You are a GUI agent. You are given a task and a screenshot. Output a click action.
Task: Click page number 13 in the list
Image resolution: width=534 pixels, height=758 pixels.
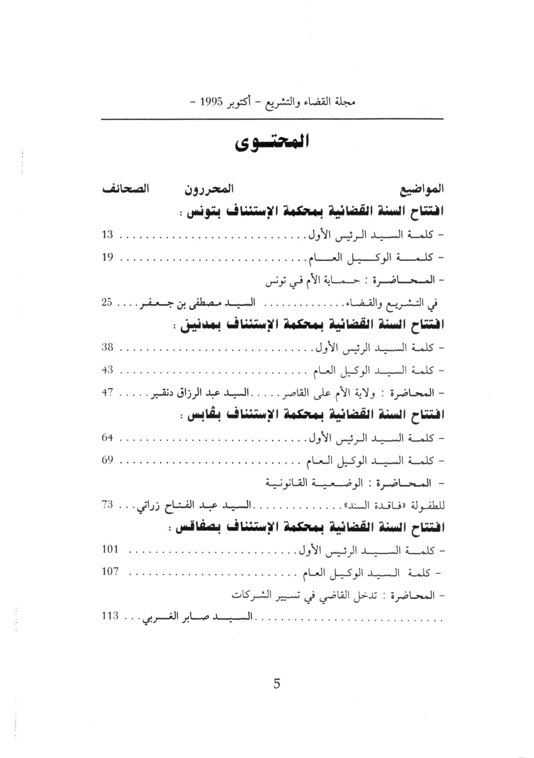point(108,235)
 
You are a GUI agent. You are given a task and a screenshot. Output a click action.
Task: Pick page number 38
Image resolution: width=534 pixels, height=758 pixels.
point(108,348)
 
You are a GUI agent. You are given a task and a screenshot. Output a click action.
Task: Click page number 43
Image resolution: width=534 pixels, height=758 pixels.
point(108,370)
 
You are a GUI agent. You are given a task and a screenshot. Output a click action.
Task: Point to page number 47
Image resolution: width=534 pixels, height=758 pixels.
point(108,393)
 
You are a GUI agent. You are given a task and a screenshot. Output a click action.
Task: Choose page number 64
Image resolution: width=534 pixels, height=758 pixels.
point(108,438)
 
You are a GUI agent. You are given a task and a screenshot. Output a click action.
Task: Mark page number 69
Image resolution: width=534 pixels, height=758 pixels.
point(108,461)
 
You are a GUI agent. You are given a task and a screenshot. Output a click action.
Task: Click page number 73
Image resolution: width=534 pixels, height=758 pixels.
point(108,505)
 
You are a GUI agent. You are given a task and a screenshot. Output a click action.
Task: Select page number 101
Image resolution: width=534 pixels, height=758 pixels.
point(110,550)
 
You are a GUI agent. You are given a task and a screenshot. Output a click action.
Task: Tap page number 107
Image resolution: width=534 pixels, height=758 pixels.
point(110,572)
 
